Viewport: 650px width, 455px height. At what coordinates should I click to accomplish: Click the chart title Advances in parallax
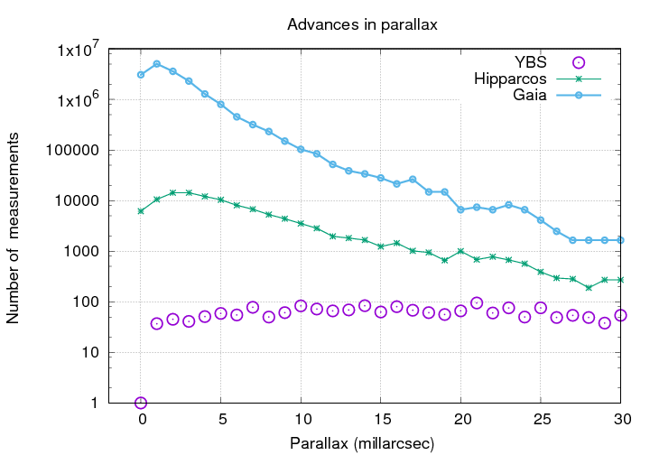coord(362,24)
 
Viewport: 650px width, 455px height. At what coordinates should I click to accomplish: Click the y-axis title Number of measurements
coord(14,226)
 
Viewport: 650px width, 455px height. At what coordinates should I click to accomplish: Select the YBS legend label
coord(530,62)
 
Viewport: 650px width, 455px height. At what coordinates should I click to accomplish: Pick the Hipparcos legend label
coord(510,79)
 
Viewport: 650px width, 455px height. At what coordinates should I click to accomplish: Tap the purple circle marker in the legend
coord(580,62)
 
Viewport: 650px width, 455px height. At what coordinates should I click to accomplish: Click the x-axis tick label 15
coord(381,420)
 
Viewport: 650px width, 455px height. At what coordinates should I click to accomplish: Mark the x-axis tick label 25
coord(541,420)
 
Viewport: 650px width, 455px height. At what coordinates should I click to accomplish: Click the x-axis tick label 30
coord(621,420)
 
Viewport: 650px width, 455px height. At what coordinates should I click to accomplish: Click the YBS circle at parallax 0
coord(141,403)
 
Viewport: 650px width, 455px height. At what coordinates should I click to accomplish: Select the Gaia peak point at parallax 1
coord(157,64)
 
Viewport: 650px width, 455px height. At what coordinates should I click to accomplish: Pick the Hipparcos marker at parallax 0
coord(141,210)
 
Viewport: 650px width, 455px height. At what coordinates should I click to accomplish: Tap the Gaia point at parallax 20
coord(461,209)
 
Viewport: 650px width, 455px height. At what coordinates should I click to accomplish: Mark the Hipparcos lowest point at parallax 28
coord(589,287)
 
